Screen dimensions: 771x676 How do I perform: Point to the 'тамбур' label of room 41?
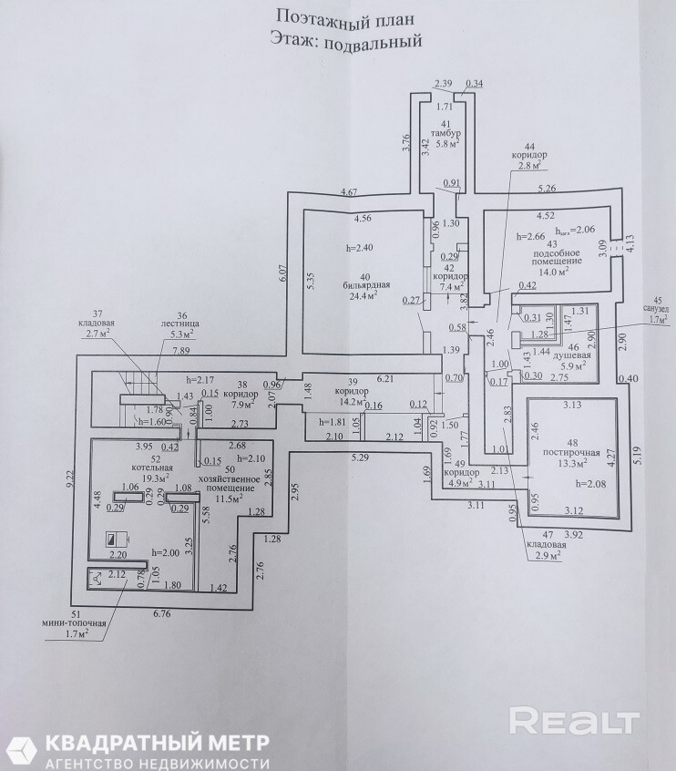(x=446, y=134)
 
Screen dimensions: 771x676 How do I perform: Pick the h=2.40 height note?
(x=361, y=247)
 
